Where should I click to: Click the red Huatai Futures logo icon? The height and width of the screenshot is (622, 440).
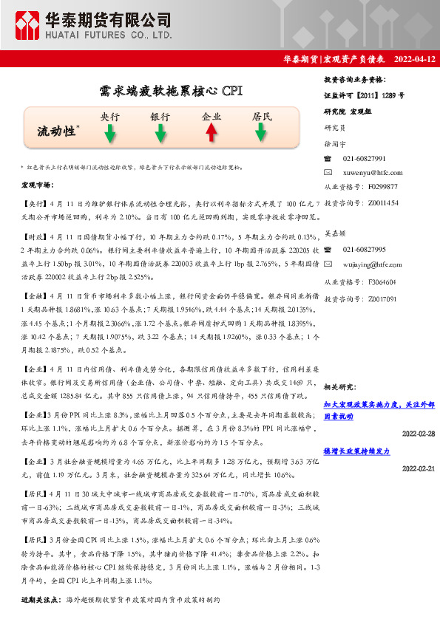30,26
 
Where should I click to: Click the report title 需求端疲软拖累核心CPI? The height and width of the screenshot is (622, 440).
170,91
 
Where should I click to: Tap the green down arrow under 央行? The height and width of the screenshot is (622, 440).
109,134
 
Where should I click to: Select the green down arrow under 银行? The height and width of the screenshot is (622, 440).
160,134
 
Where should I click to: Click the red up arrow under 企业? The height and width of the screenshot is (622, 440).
211,133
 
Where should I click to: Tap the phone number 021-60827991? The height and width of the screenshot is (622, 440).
364,158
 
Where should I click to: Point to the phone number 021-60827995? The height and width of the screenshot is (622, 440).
364,250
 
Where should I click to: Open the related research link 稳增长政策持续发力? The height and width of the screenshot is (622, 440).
356,450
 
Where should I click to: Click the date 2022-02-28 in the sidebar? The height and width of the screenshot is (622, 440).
419,433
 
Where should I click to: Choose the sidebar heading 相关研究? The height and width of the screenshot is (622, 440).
341,386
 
